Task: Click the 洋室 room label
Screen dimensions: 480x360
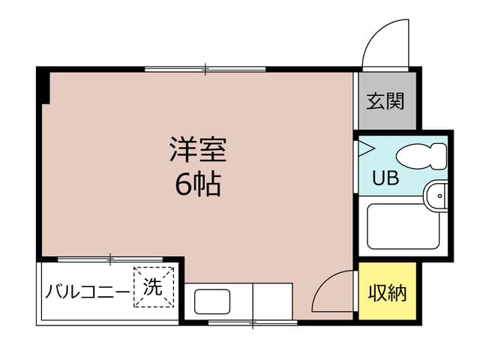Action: (x=198, y=149)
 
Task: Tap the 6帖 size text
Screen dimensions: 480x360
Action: (x=198, y=184)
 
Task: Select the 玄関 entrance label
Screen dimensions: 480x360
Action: (x=385, y=101)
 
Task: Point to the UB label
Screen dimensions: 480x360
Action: (x=385, y=178)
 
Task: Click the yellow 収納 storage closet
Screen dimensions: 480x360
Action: (x=387, y=291)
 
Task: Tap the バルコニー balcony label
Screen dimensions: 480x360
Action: (x=88, y=292)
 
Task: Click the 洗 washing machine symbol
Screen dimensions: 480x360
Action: (x=154, y=286)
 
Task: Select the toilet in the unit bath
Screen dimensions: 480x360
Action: (x=421, y=156)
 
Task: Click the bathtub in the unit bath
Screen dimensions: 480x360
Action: (x=403, y=226)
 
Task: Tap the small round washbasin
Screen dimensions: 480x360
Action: (x=437, y=196)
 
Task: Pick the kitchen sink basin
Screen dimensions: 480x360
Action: (x=212, y=301)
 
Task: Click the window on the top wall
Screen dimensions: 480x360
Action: (x=205, y=69)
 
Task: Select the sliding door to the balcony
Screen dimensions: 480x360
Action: (x=110, y=259)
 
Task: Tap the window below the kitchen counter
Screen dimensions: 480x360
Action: (x=253, y=322)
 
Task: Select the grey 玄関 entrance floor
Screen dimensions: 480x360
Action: (x=387, y=100)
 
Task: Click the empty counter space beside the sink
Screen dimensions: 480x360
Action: (x=272, y=301)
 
